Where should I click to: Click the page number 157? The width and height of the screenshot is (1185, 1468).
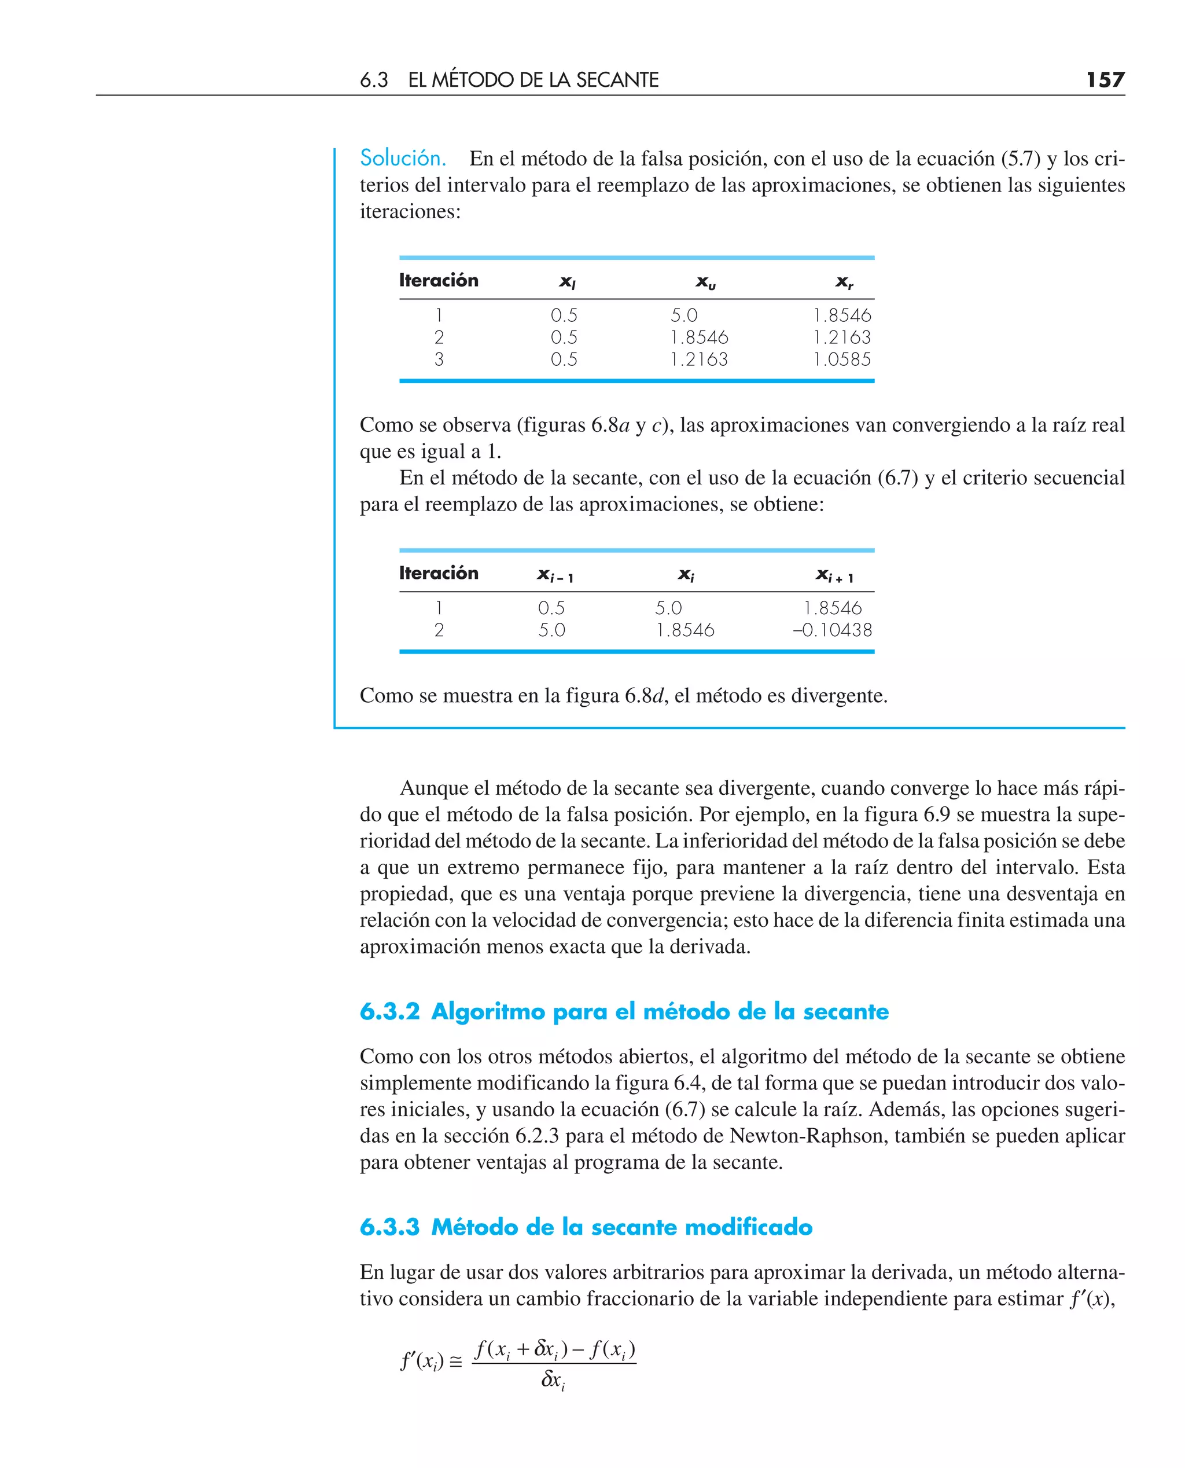(1105, 80)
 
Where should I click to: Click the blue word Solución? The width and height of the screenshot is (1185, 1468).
(403, 159)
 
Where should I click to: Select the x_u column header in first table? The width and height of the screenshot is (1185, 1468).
(705, 281)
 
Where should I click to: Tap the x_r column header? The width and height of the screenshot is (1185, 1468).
(844, 281)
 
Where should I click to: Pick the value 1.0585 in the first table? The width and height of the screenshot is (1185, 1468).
(842, 359)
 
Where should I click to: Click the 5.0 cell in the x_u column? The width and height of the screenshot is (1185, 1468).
(684, 315)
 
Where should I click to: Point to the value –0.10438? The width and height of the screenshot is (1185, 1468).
(832, 630)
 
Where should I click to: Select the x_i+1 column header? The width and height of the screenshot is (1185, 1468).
(834, 575)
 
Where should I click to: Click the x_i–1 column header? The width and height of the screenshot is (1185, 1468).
(555, 575)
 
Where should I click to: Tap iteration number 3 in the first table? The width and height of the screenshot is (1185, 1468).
(439, 359)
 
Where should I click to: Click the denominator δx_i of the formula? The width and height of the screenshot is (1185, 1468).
(553, 1379)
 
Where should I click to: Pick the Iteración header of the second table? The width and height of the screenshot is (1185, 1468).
(439, 573)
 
